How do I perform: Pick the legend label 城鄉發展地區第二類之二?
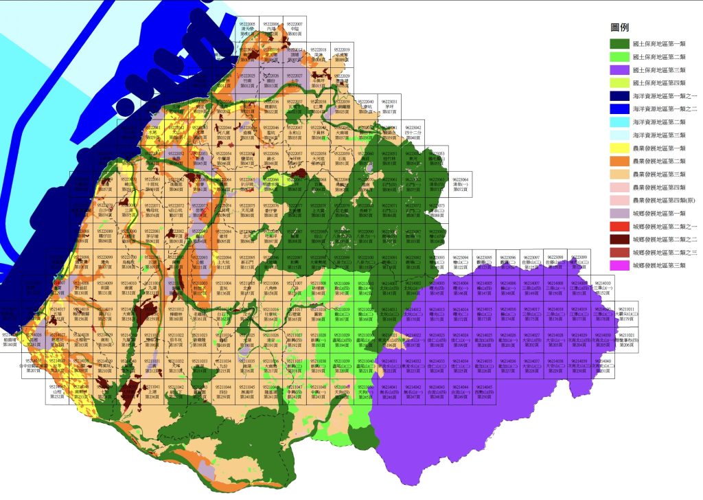[x=664, y=239]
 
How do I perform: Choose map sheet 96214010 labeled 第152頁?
[x=603, y=287]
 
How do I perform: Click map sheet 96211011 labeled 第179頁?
[x=625, y=314]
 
